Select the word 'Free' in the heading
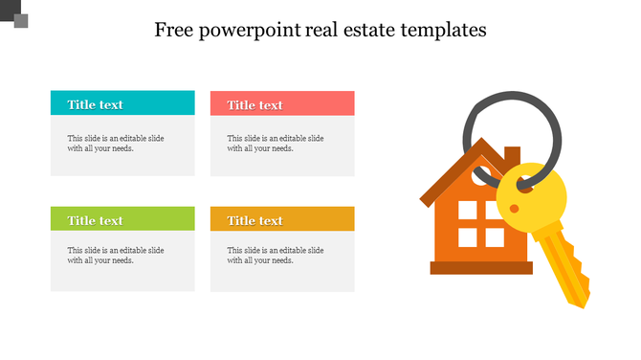coord(174,30)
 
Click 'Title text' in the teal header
coord(95,104)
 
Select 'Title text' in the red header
coord(254,104)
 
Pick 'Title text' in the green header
coord(95,220)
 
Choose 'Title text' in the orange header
coord(254,220)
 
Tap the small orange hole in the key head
coord(515,208)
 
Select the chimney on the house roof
coord(512,156)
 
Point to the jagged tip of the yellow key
coord(577,299)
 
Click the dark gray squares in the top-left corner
coord(16,16)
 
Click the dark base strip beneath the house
coord(483,267)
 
